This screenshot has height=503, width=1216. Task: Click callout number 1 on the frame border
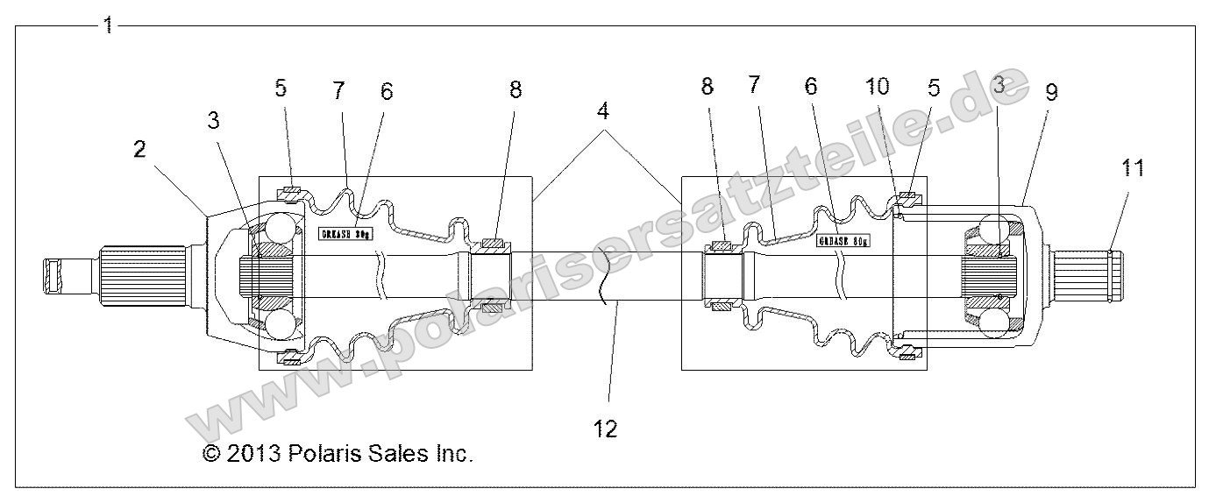[x=108, y=25]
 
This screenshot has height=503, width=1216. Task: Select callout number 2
[x=139, y=149]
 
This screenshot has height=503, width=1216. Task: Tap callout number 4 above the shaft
[x=604, y=112]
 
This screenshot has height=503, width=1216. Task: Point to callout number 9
[x=1050, y=93]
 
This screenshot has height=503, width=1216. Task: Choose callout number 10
[x=878, y=86]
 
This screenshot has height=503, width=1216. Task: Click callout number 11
[x=1133, y=168]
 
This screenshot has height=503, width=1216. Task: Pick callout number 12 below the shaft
[x=605, y=429]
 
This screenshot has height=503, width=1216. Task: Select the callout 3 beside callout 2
[x=214, y=122]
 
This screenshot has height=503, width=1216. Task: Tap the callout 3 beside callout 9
[x=998, y=86]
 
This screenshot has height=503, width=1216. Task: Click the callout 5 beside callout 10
[x=934, y=87]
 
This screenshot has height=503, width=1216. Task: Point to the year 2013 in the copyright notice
[x=253, y=453]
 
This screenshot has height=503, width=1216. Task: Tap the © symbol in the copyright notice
[x=210, y=453]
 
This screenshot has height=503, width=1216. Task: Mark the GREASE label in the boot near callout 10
[x=842, y=240]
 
